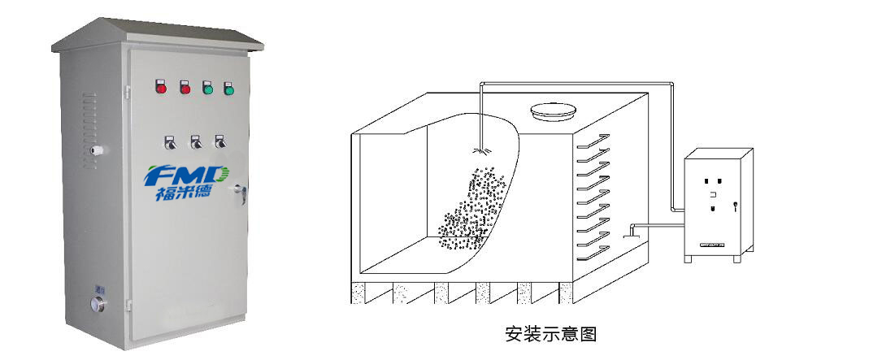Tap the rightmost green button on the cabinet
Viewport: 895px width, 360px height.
pos(229,88)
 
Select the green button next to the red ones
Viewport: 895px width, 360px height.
pos(207,87)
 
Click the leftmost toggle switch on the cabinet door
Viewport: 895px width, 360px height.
pos(171,143)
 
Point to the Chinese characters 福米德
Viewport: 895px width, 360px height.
pos(186,195)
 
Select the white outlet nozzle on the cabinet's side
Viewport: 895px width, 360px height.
pos(97,150)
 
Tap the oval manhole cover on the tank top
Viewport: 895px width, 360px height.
pos(553,110)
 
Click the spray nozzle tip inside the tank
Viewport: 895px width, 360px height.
pos(480,150)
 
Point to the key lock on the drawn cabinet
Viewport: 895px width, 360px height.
pos(735,206)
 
